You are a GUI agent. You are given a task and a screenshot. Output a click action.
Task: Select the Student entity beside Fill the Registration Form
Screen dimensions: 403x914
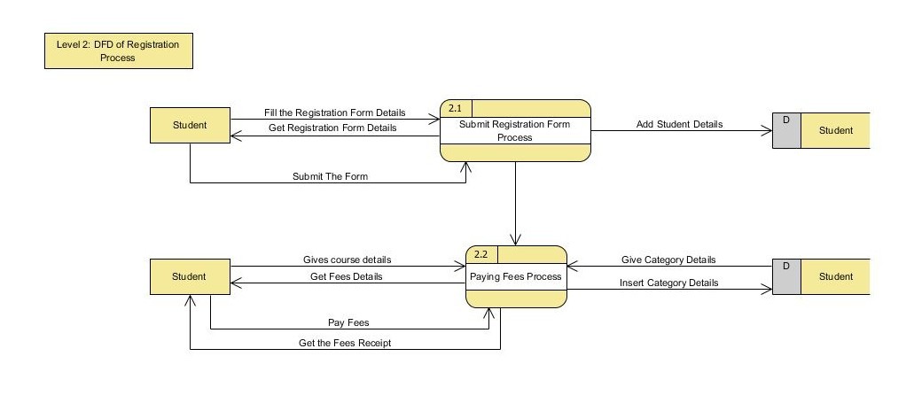(x=190, y=125)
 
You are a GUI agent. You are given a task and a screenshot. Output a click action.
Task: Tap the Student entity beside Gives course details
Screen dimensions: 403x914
(x=190, y=276)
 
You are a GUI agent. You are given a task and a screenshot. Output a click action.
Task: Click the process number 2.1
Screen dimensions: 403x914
(x=456, y=108)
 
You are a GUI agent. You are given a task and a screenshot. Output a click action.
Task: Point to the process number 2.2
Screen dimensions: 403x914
(x=481, y=254)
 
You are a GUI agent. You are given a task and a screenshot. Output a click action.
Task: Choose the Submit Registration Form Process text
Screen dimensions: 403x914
(x=514, y=131)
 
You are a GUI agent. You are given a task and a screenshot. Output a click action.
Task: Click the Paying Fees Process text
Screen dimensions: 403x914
(x=515, y=276)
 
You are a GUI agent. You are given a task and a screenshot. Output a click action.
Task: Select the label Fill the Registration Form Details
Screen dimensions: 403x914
(x=334, y=113)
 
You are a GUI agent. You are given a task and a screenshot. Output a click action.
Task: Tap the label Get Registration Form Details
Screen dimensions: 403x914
(x=332, y=128)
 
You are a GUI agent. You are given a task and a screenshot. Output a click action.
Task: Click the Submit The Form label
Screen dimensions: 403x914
(x=330, y=176)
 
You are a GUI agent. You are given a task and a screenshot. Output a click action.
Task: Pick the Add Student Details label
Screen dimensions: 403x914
(x=679, y=124)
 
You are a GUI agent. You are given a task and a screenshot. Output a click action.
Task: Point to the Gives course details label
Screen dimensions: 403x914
(x=347, y=260)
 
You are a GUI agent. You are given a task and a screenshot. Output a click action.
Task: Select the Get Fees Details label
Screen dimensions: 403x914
(x=347, y=276)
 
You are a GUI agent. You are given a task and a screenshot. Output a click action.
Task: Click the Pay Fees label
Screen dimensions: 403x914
(x=348, y=323)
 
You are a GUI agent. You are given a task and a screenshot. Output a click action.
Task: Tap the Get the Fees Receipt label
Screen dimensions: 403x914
(x=345, y=344)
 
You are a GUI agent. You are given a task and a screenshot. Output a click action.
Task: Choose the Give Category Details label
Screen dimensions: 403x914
(x=668, y=260)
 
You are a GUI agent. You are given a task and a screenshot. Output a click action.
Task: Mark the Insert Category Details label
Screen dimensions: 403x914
(x=669, y=283)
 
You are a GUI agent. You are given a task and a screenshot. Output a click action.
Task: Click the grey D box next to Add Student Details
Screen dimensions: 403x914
(x=786, y=130)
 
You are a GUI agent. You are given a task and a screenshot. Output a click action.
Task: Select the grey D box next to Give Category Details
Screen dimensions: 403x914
(x=786, y=276)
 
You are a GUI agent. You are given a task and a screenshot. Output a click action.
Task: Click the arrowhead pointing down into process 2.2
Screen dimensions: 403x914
(x=515, y=239)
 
